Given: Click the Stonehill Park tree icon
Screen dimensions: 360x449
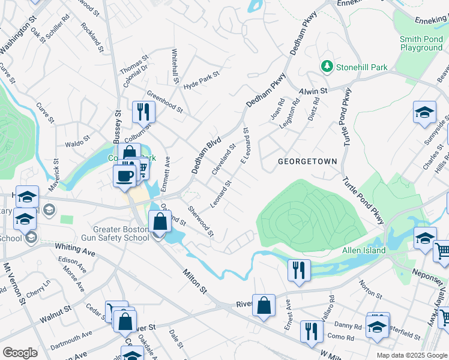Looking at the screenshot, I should [x=327, y=65].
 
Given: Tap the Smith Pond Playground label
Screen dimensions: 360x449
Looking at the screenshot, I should [x=421, y=44].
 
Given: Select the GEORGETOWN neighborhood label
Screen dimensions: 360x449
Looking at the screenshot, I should [x=307, y=162].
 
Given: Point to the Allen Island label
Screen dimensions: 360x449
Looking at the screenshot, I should [x=364, y=250].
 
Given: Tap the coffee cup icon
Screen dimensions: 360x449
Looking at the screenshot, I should [x=124, y=176].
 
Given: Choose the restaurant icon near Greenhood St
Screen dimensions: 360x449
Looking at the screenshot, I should [x=143, y=111].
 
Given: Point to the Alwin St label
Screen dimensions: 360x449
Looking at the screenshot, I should [x=313, y=91].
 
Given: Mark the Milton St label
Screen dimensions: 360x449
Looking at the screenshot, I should [x=194, y=281].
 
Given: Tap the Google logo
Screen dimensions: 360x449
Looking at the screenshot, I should [x=20, y=352].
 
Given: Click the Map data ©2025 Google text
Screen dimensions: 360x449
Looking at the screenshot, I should [x=411, y=355].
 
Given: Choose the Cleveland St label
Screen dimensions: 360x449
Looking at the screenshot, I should [x=224, y=160].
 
